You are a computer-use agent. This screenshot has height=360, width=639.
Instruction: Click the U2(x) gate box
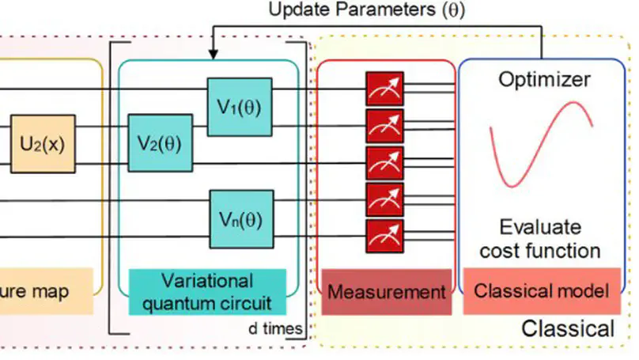(43, 146)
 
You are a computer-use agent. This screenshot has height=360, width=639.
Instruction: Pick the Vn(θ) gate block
(239, 219)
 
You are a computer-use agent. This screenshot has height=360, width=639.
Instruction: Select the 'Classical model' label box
(542, 291)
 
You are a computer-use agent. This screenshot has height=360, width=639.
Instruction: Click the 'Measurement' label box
(387, 292)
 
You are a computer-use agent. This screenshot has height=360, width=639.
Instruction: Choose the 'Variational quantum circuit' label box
(206, 292)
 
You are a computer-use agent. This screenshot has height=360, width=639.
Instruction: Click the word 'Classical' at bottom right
(567, 328)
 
